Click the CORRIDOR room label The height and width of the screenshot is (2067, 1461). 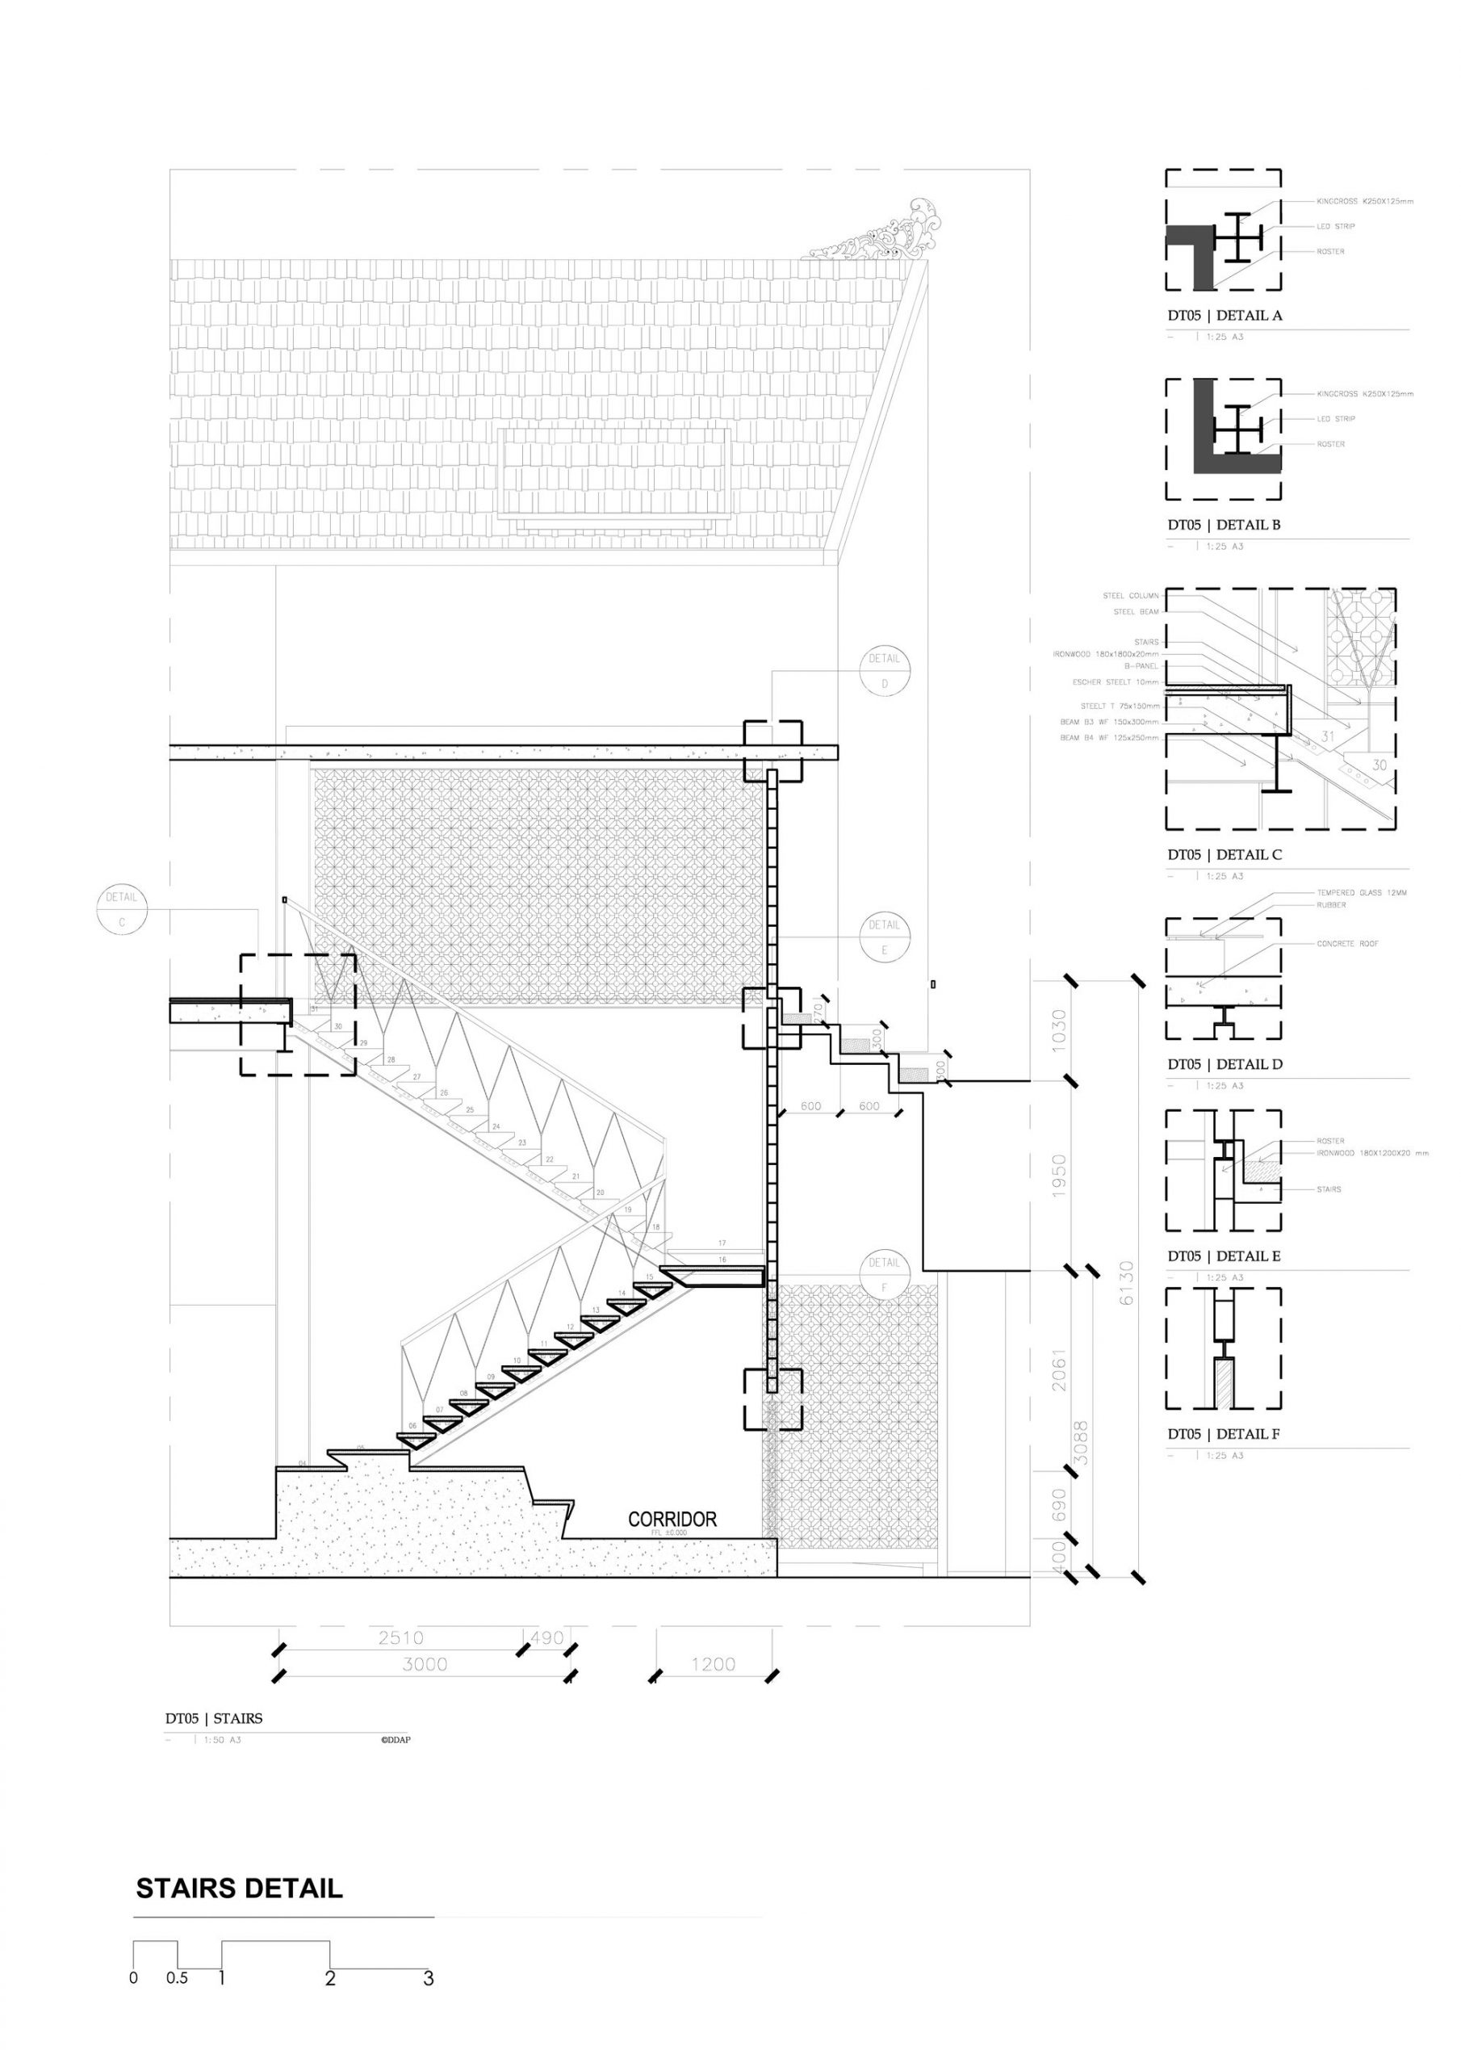[x=672, y=1520]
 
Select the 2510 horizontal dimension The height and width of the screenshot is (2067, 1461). [x=400, y=1637]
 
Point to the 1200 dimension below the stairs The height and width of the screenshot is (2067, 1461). [x=713, y=1665]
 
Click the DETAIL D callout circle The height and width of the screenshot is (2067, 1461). [x=884, y=671]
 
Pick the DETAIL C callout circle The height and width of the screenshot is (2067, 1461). [x=122, y=909]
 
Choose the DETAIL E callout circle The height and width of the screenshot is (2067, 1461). [x=884, y=937]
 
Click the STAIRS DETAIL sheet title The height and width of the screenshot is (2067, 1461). [x=239, y=1888]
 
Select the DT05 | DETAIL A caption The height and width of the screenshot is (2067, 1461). [x=1224, y=315]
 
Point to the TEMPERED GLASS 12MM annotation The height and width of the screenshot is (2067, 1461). [x=1361, y=893]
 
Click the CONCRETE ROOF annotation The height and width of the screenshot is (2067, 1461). [x=1347, y=944]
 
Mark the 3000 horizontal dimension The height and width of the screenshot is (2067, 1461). [x=424, y=1665]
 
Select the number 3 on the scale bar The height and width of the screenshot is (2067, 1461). [x=429, y=1978]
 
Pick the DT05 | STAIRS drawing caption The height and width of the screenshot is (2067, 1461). [x=213, y=1719]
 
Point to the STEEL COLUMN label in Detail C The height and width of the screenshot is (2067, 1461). [x=1131, y=596]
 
